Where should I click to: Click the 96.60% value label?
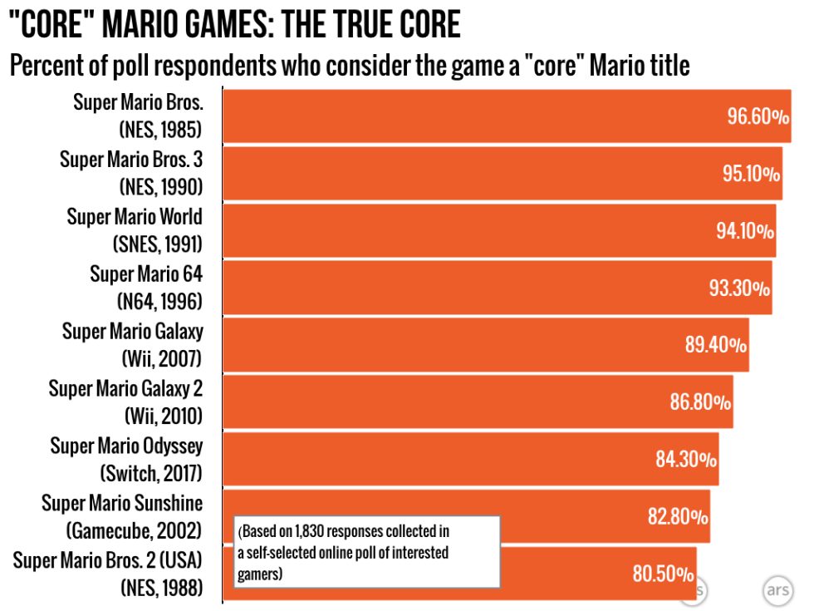pos(758,116)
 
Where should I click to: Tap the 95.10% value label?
pos(751,174)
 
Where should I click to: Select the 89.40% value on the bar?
pos(715,345)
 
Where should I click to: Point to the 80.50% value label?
pos(663,574)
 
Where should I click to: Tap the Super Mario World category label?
pos(134,216)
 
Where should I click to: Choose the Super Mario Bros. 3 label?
pos(130,159)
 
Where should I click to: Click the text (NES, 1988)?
pos(161,588)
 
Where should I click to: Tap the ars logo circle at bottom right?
pos(777,589)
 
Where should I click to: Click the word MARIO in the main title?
pos(145,25)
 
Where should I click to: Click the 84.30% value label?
pos(686,459)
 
